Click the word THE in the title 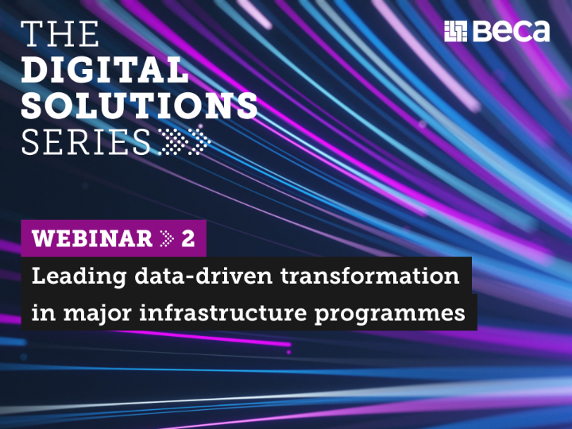[61, 35]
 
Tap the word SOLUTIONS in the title [139, 106]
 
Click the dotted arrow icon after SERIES [184, 141]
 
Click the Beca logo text [512, 32]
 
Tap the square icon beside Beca [457, 32]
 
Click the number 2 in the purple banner [188, 238]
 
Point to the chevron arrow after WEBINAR [166, 238]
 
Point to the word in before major [41, 313]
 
